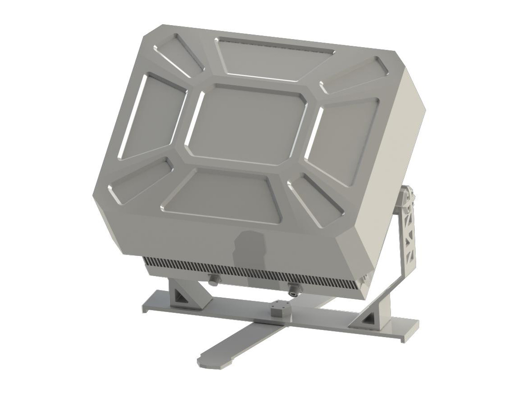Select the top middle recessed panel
click(x=275, y=57)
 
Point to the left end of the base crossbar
click(x=151, y=305)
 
